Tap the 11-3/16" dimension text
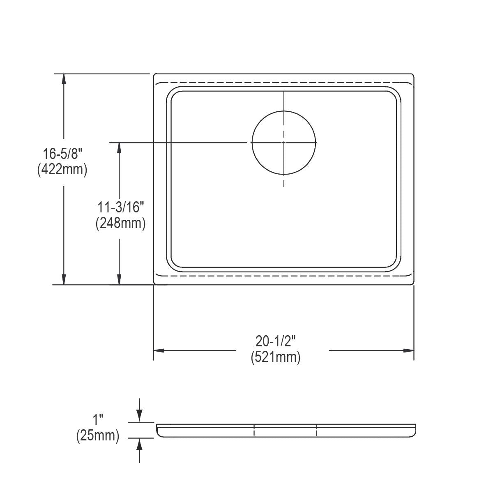pos(121,207)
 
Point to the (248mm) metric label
pos(121,223)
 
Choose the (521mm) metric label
pos(276,357)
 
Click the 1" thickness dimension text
pos(97,420)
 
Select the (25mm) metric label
pos(98,436)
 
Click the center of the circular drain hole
pos(284,143)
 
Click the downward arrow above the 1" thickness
pos(139,417)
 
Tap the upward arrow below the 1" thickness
pos(139,444)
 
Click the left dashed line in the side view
pos(254,430)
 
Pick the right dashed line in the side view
pos(317,430)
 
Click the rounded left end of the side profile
pos(159,431)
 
